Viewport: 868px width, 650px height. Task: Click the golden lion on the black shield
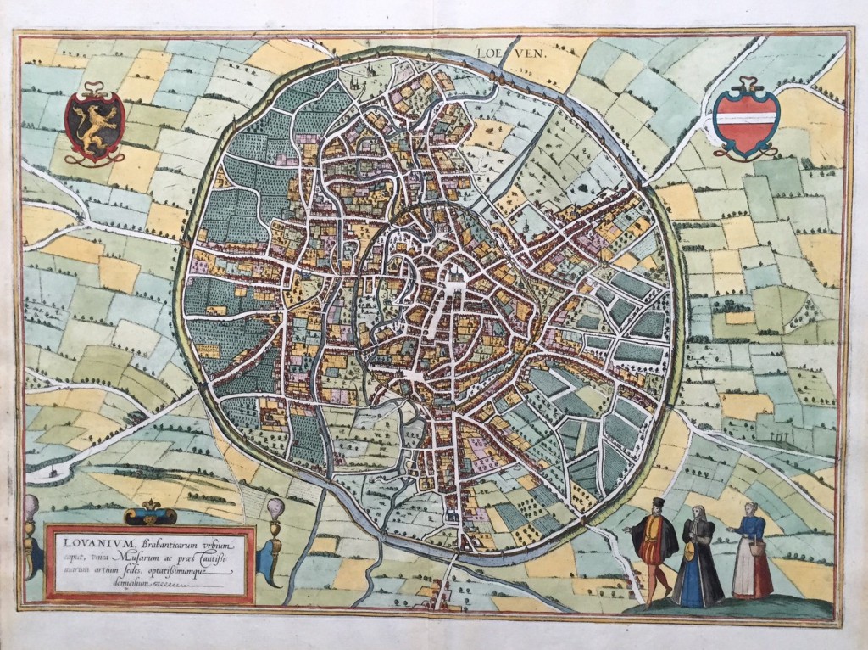94,124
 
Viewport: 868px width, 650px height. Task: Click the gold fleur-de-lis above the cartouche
150,512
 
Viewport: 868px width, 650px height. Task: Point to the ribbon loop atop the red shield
747,83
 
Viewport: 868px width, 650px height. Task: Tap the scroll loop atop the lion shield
94,86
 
